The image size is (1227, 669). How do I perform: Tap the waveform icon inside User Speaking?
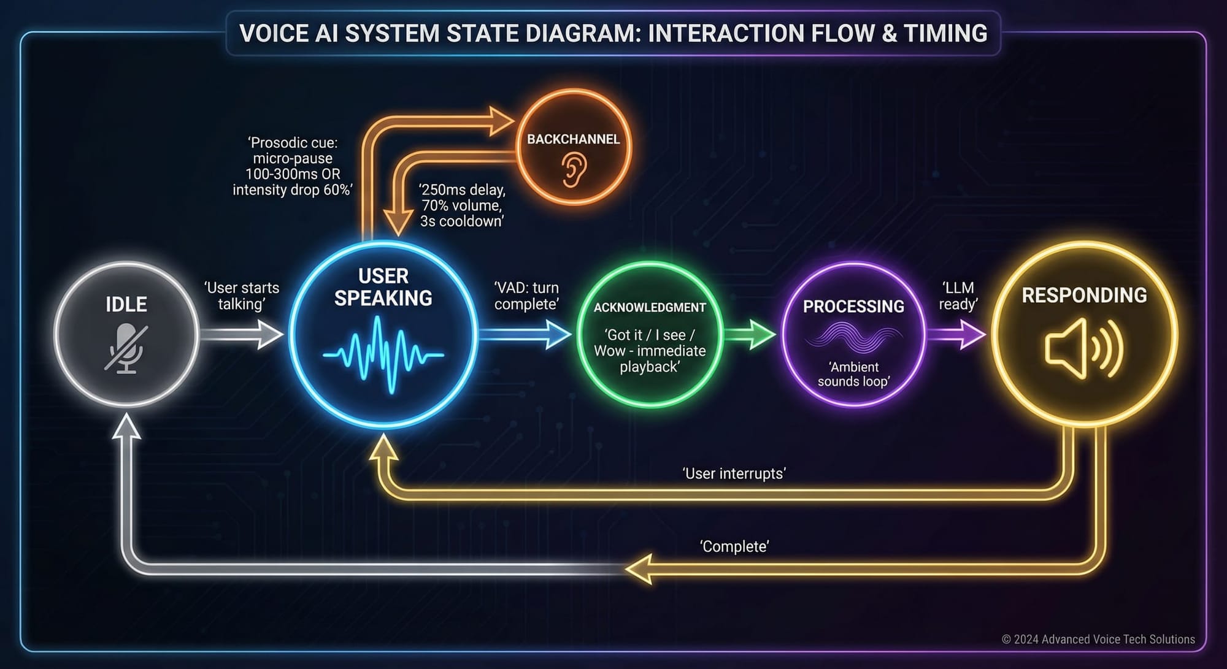[383, 354]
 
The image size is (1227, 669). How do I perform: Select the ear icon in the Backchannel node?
[574, 169]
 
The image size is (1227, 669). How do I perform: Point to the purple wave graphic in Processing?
[853, 339]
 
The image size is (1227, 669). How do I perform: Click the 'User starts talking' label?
[242, 296]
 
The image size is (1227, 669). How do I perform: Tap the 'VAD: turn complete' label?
[526, 296]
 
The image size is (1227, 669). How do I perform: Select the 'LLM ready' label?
[958, 296]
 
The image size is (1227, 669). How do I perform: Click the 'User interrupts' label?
[734, 473]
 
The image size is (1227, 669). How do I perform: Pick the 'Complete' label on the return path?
[734, 546]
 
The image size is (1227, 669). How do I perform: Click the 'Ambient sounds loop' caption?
[853, 374]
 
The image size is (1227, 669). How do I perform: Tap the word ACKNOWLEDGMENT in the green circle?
[650, 307]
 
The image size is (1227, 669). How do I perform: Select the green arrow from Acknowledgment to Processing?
[750, 335]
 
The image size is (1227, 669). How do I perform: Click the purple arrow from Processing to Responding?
[956, 335]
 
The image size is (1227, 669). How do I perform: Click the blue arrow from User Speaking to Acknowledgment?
[525, 335]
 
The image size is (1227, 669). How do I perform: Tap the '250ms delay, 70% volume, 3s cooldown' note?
[462, 205]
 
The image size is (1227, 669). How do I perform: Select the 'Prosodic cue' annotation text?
[293, 166]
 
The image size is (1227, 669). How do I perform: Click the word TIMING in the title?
[945, 33]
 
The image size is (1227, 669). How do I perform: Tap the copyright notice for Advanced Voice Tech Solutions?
[1098, 639]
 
